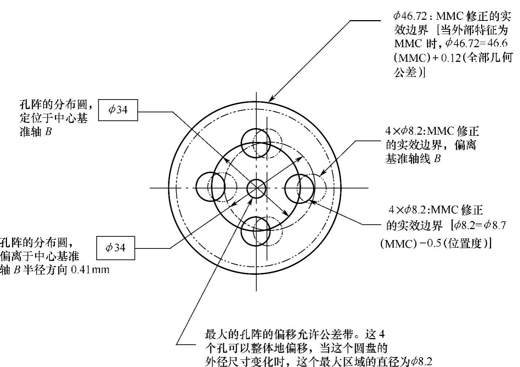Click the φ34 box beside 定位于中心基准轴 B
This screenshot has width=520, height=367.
point(118,110)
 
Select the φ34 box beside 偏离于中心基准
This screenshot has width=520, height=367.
point(115,248)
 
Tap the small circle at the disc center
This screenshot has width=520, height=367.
point(256,188)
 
